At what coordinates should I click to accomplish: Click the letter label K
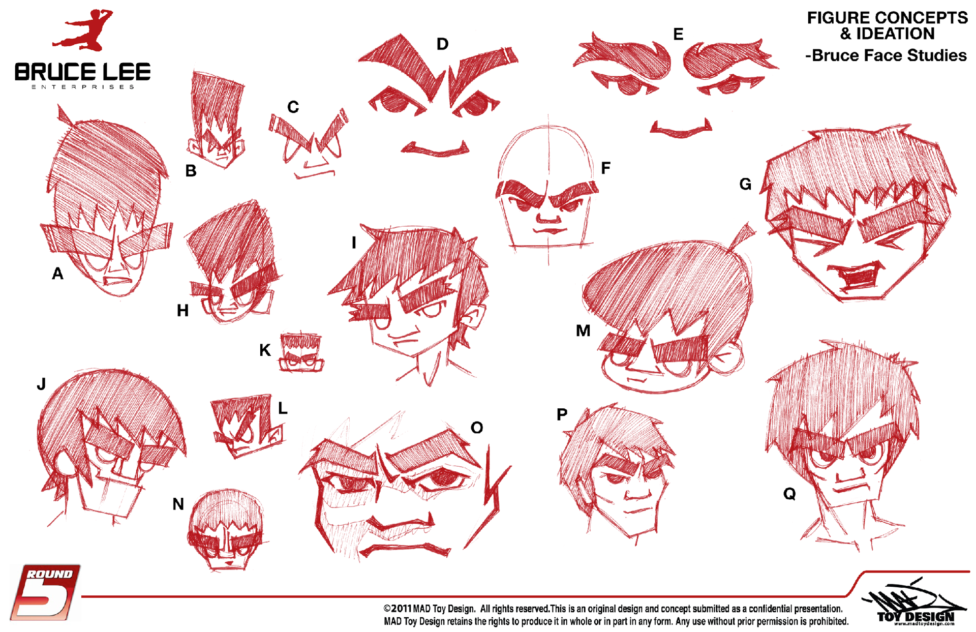click(265, 350)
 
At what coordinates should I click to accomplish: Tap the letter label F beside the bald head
click(605, 168)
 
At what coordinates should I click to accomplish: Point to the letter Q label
click(789, 493)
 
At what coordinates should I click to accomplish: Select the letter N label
click(178, 504)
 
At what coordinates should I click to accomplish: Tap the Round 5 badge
click(45, 592)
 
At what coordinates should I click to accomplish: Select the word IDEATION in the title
click(895, 34)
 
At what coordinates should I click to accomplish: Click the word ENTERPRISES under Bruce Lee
click(83, 87)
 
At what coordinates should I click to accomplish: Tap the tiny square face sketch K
click(301, 352)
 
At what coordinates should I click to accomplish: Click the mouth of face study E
click(681, 129)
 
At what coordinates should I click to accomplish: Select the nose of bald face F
click(548, 216)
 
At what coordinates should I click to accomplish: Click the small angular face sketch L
click(248, 425)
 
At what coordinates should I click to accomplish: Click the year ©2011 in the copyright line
click(398, 609)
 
